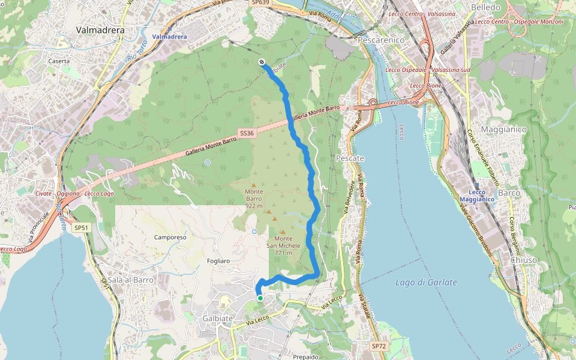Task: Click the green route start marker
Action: (x=260, y=298)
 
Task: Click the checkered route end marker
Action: (x=262, y=62)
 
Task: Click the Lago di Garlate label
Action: (x=427, y=282)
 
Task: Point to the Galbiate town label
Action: (x=218, y=318)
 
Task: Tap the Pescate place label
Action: (x=350, y=158)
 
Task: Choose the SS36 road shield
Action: (x=246, y=133)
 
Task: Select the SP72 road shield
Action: (x=378, y=346)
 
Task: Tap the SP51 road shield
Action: (x=81, y=227)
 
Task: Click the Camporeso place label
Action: (x=170, y=237)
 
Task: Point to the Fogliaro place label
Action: (x=218, y=260)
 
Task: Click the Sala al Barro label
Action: (x=131, y=280)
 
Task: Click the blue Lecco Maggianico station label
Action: (x=478, y=196)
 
